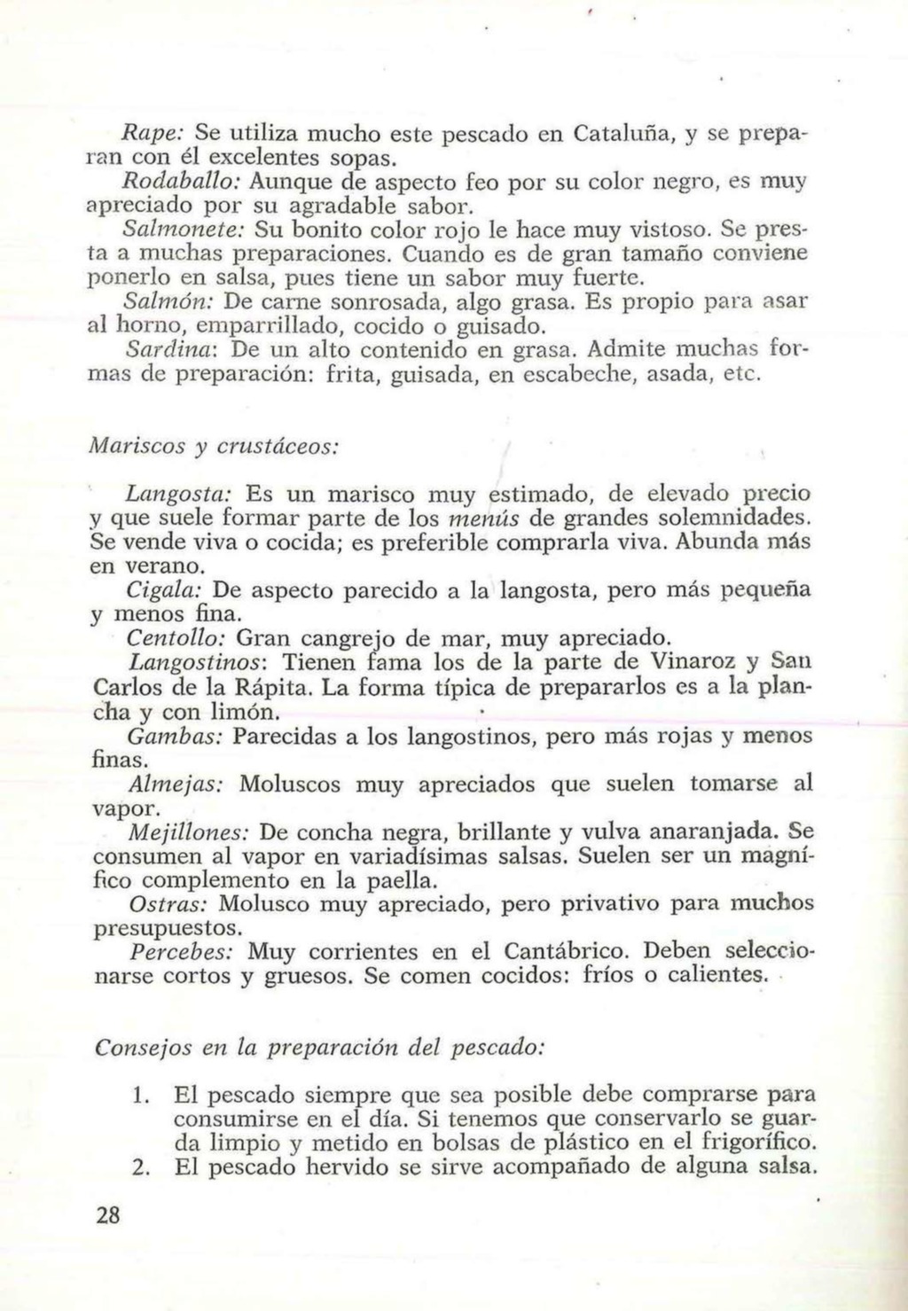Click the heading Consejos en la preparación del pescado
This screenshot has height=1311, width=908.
[x=318, y=1046]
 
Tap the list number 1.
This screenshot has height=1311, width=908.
[x=137, y=1095]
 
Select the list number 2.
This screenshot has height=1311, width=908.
[x=137, y=1167]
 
